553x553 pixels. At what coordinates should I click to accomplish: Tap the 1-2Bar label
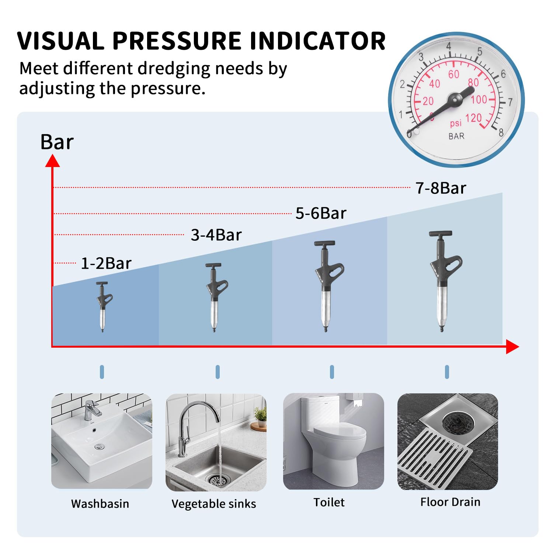pyautogui.click(x=106, y=263)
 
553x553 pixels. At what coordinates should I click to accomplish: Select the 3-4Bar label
pyautogui.click(x=216, y=235)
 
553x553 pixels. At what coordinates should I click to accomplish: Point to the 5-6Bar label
pyautogui.click(x=321, y=213)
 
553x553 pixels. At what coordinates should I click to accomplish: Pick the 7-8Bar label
pyautogui.click(x=441, y=188)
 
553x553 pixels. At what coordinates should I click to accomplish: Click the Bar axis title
pyautogui.click(x=57, y=142)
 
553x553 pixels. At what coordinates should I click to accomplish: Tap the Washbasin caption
pyautogui.click(x=100, y=504)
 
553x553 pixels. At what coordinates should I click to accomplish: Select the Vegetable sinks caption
pyautogui.click(x=214, y=504)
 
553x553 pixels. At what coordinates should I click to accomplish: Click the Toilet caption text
pyautogui.click(x=329, y=502)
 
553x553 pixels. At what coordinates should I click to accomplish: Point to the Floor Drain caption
pyautogui.click(x=450, y=502)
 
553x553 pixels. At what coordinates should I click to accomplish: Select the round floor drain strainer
pyautogui.click(x=459, y=421)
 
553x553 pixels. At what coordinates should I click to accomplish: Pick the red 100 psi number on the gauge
pyautogui.click(x=479, y=99)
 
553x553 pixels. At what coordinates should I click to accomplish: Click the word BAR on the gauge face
pyautogui.click(x=456, y=136)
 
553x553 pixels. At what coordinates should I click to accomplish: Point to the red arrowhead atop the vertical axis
pyautogui.click(x=52, y=161)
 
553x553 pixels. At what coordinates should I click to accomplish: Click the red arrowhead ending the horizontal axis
pyautogui.click(x=512, y=347)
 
